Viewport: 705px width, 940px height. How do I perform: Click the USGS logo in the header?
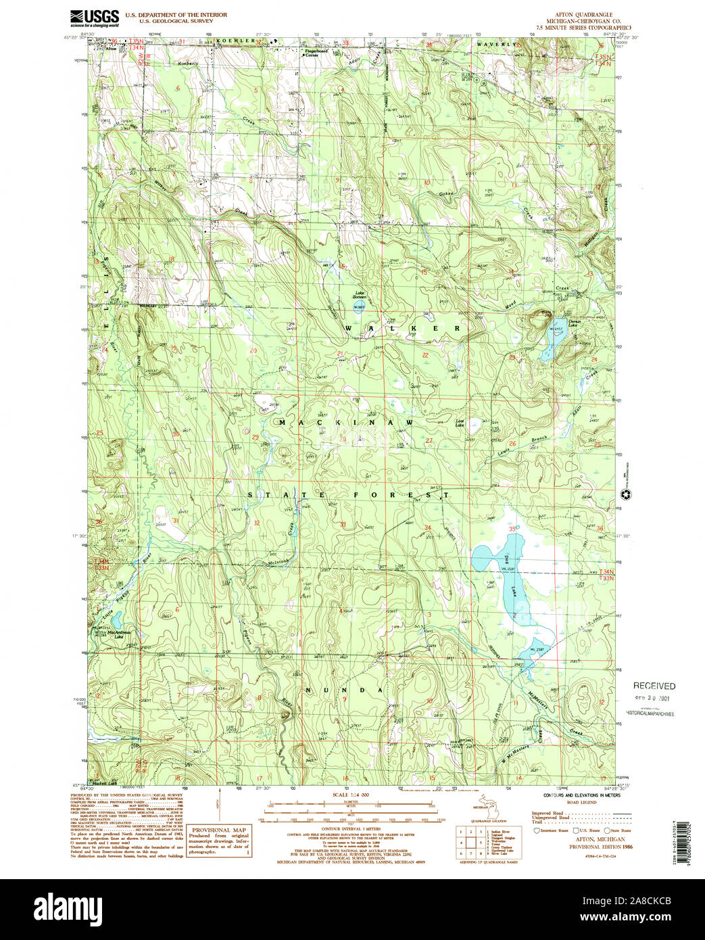pyautogui.click(x=94, y=18)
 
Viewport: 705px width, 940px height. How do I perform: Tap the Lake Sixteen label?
pyautogui.click(x=359, y=295)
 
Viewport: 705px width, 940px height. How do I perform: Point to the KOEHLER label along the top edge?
pyautogui.click(x=236, y=41)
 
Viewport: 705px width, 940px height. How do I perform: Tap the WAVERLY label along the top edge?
pyautogui.click(x=497, y=44)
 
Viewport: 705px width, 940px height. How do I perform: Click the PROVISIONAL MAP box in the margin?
pyautogui.click(x=219, y=841)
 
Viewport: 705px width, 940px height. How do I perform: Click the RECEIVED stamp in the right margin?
pyautogui.click(x=654, y=686)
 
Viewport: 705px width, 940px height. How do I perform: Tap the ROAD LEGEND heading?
pyautogui.click(x=581, y=802)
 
